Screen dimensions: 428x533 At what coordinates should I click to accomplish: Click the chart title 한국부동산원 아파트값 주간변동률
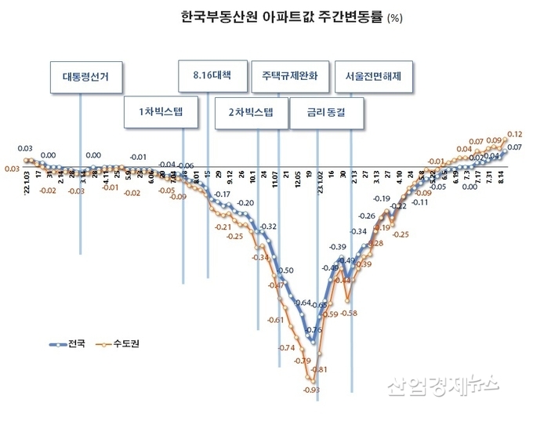(282, 16)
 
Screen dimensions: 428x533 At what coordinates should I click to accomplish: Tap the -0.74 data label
(286, 347)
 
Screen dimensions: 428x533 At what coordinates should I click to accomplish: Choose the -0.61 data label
(276, 320)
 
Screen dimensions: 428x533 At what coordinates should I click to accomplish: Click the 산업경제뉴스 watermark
(442, 383)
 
